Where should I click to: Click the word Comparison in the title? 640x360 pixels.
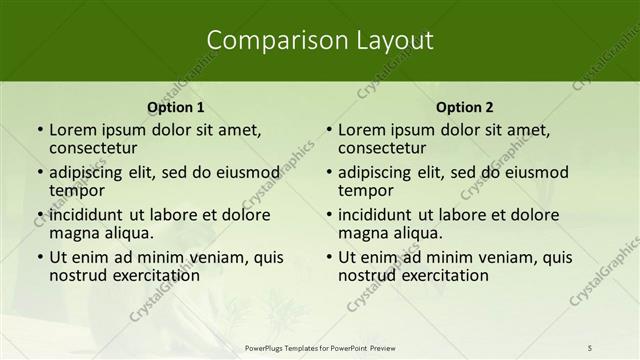pyautogui.click(x=267, y=40)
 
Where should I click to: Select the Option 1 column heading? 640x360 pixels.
pyautogui.click(x=176, y=107)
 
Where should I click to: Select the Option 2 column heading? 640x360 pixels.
pyautogui.click(x=465, y=107)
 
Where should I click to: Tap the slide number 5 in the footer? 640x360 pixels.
pyautogui.click(x=590, y=347)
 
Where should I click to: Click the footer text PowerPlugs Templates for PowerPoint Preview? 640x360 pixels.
pyautogui.click(x=320, y=347)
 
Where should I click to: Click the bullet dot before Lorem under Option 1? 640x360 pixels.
pyautogui.click(x=39, y=130)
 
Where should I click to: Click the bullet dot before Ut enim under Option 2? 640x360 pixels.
pyautogui.click(x=328, y=257)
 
